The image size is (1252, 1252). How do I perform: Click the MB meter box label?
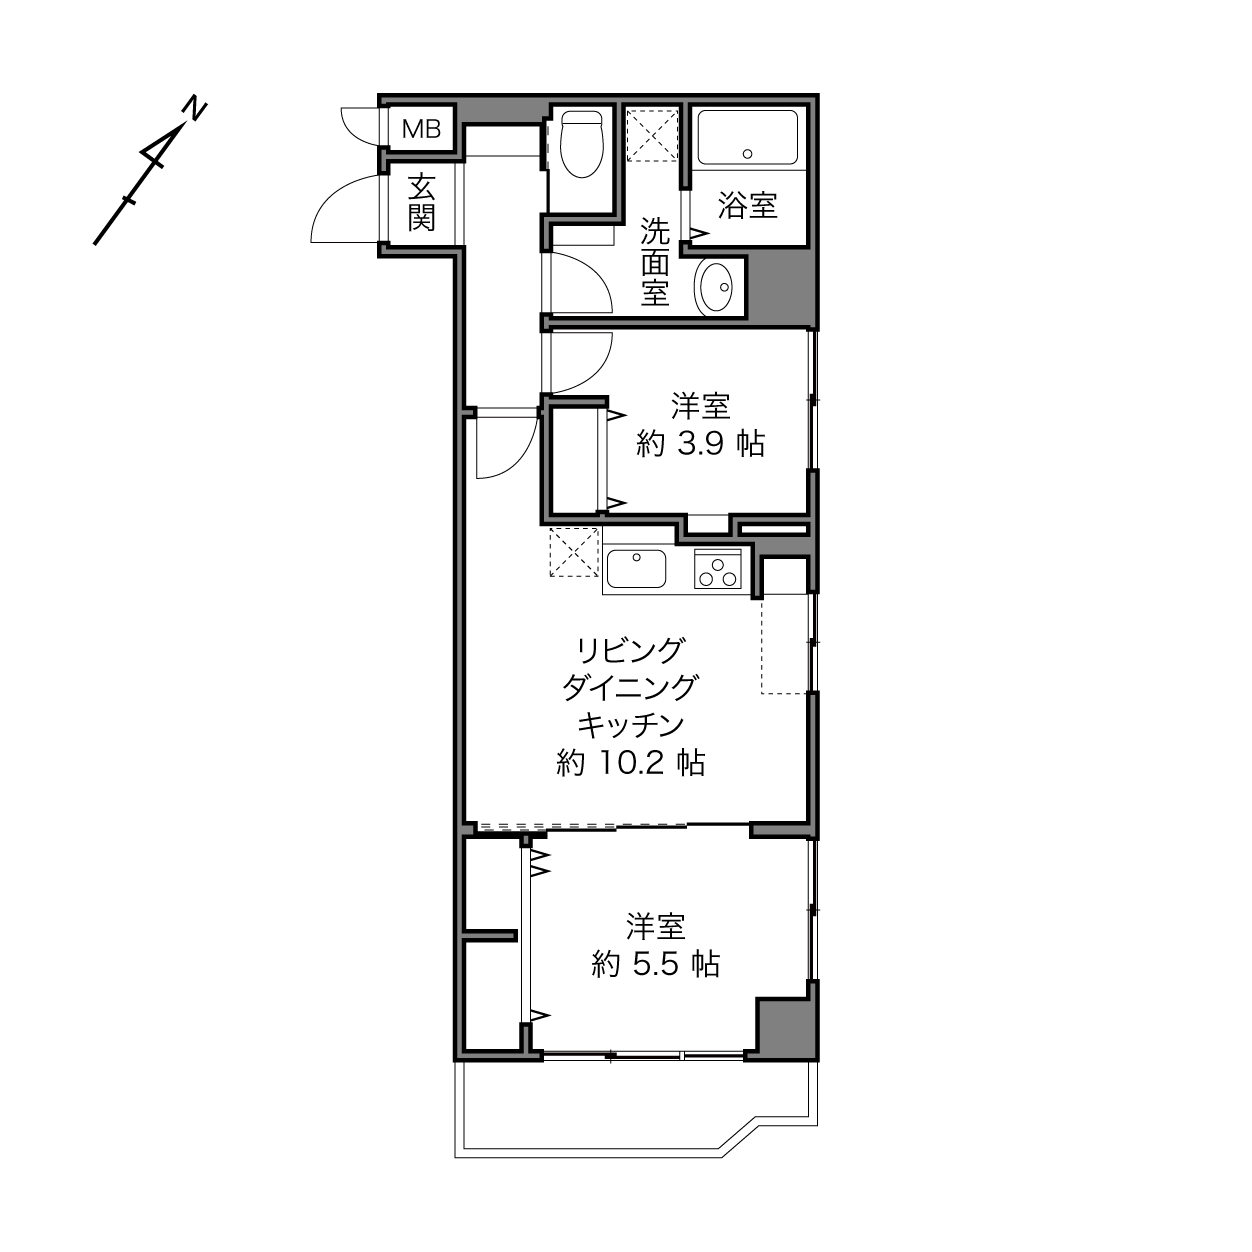[421, 129]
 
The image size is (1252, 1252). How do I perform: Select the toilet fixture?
[581, 144]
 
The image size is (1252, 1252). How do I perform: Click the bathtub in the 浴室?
[747, 137]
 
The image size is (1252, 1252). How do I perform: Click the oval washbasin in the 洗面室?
[715, 287]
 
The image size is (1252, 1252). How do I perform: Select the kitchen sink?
[636, 569]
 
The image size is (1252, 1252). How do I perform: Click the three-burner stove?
[717, 569]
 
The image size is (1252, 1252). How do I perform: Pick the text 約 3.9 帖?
[700, 444]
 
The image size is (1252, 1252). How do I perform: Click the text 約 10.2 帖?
[630, 763]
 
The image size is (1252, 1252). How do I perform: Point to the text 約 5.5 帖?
[656, 964]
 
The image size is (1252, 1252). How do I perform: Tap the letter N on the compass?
[194, 110]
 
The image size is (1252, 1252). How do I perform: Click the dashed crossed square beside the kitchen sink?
[574, 552]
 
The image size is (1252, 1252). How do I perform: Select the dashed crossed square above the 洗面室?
[652, 135]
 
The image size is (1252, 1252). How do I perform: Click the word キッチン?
[630, 724]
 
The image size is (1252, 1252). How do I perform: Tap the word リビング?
[630, 650]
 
